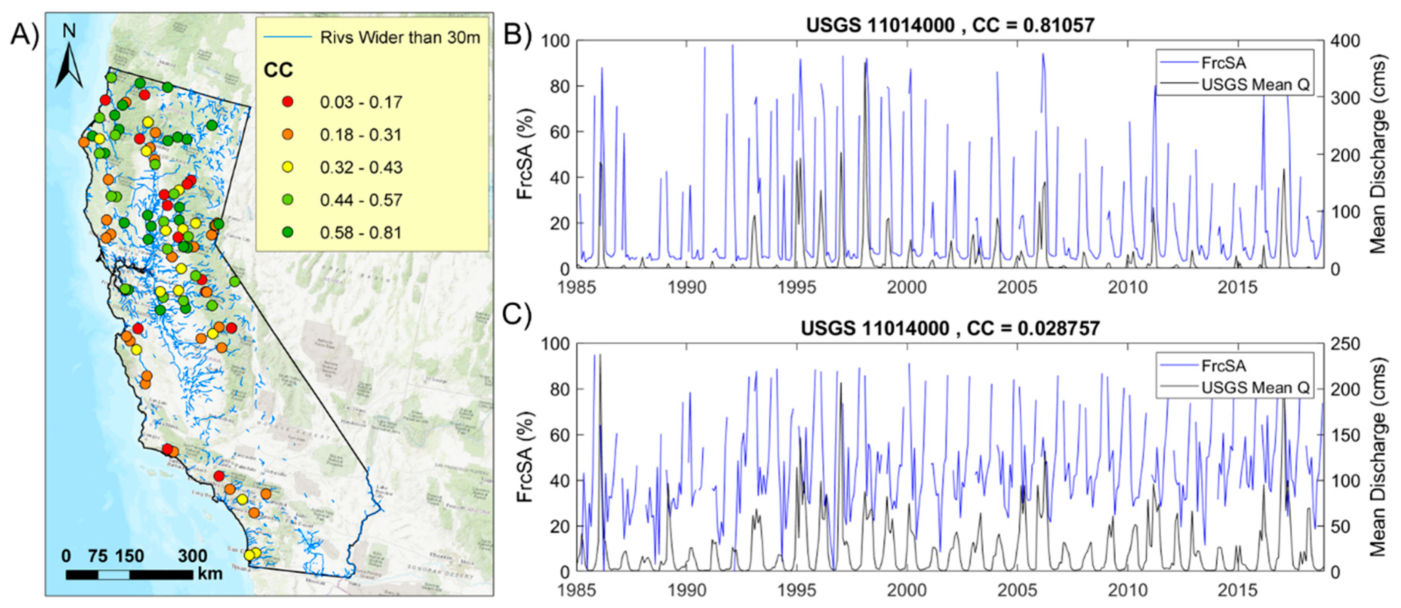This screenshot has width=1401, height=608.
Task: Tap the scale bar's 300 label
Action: [193, 556]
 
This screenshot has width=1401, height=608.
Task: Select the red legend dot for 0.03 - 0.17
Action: [288, 102]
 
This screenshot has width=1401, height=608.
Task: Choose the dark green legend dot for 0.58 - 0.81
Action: [288, 232]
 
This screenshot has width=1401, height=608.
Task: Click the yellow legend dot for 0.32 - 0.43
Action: [288, 167]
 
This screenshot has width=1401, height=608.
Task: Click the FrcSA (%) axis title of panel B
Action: [525, 155]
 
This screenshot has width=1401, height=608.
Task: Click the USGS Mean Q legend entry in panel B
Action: [1255, 85]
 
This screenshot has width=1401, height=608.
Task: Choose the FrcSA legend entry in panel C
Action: [1224, 366]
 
